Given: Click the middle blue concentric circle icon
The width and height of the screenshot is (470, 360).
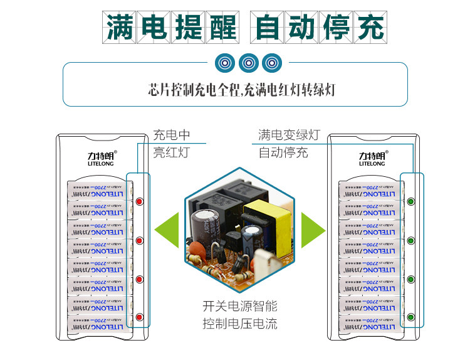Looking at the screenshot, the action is (249, 63).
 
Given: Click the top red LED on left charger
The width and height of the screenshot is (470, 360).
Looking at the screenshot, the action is (139, 202).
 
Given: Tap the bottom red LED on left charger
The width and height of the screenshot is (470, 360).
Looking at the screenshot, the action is (139, 317).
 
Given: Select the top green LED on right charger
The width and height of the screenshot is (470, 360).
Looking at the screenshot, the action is (411, 202).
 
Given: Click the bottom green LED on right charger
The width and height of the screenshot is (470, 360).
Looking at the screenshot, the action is (411, 317).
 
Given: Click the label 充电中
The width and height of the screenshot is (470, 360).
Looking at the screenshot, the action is (172, 135).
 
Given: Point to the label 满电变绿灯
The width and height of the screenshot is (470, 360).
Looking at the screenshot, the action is (289, 135).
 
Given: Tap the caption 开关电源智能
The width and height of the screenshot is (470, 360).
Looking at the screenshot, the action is (240, 307).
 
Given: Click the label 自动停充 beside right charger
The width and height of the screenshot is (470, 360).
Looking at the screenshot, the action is (283, 152).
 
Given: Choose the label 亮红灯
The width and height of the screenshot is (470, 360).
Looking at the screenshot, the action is (172, 152).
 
